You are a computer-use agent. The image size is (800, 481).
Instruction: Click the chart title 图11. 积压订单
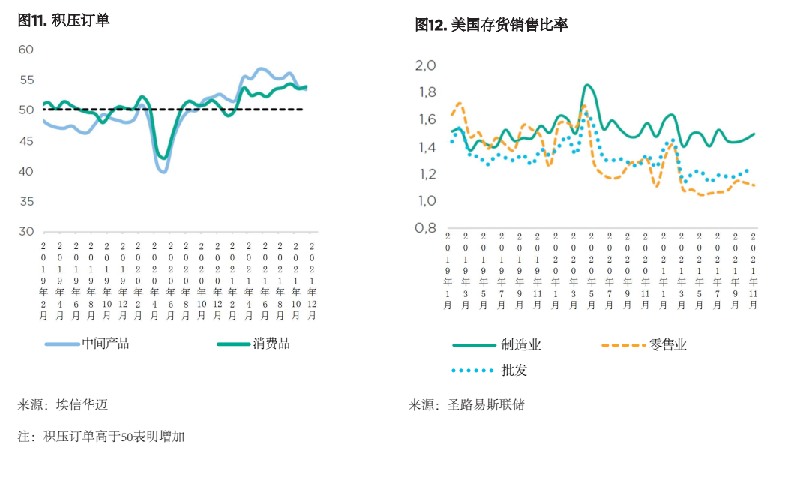pyautogui.click(x=64, y=20)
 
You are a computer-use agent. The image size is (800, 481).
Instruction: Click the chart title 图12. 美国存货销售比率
pyautogui.click(x=491, y=25)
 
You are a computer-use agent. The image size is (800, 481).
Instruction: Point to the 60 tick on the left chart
pyautogui.click(x=26, y=50)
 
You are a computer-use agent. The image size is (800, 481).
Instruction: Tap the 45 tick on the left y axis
pyautogui.click(x=26, y=141)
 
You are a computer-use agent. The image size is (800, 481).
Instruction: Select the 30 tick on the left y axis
pyautogui.click(x=26, y=232)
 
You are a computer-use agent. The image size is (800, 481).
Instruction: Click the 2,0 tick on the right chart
pyautogui.click(x=425, y=65)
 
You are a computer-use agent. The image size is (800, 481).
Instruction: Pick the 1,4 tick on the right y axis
pyautogui.click(x=425, y=147)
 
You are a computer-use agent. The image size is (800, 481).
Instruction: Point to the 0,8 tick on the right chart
pyautogui.click(x=425, y=228)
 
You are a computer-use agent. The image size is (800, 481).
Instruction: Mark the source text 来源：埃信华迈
pyautogui.click(x=63, y=404)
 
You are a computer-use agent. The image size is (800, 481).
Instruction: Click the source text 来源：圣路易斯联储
pyautogui.click(x=466, y=404)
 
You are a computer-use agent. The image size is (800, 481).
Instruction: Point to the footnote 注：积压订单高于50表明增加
pyautogui.click(x=101, y=436)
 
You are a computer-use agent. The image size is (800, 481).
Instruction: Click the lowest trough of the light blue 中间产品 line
pyautogui.click(x=163, y=172)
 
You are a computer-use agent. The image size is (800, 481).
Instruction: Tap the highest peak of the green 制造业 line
pyautogui.click(x=587, y=85)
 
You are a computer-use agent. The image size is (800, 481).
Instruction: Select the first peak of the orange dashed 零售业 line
pyautogui.click(x=459, y=103)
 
